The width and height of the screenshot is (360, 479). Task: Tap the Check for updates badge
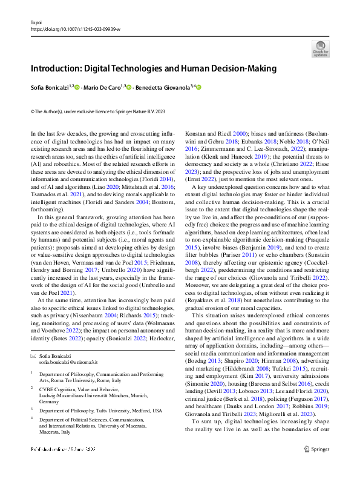320,48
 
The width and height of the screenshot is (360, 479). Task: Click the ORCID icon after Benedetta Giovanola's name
198,87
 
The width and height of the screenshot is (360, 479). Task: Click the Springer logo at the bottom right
316,466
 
